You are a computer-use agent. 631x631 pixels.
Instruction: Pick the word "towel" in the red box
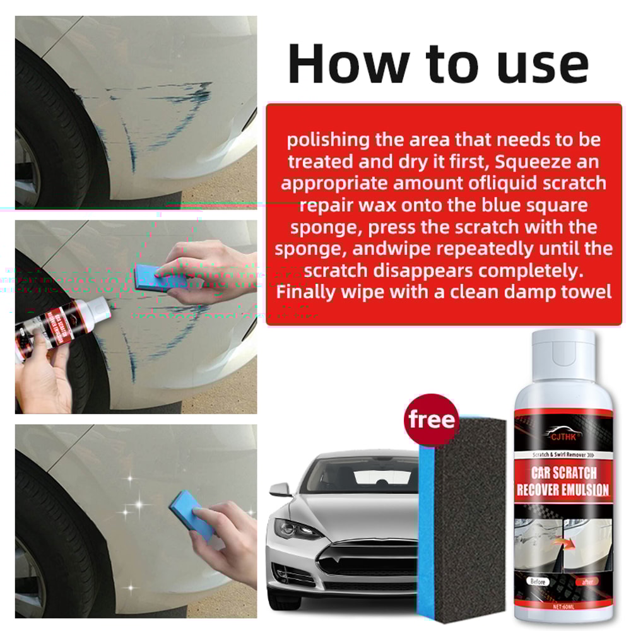581,292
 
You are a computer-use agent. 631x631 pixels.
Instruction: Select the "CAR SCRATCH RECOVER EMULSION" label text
563,481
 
